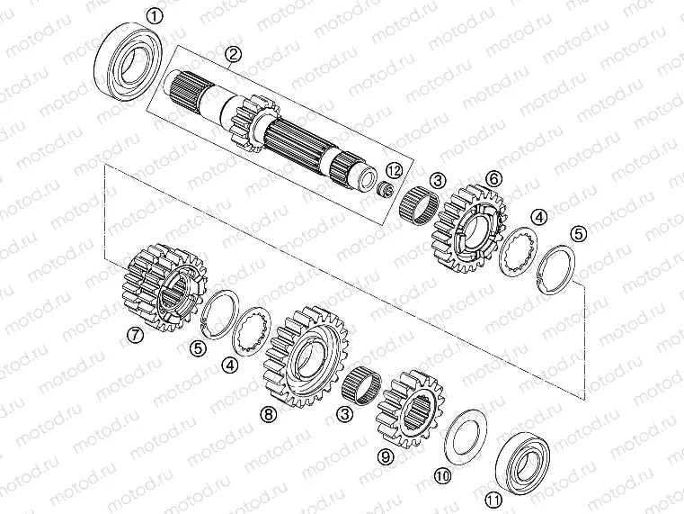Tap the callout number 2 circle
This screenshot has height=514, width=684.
pos(233,56)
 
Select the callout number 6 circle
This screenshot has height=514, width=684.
pos(493,177)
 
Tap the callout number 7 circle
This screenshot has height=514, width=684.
pos(134,336)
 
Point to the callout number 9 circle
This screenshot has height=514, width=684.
pos(385,456)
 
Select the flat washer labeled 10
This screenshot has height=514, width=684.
pos(466,435)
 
